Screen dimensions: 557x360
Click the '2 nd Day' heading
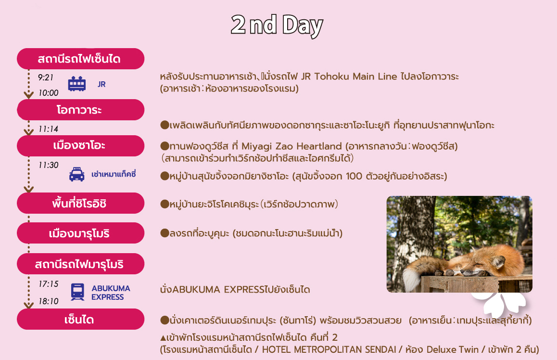pos(277,25)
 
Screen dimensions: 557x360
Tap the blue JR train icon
pos(77,84)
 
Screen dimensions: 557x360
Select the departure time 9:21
pos(46,77)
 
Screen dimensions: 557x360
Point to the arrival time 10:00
pos(48,93)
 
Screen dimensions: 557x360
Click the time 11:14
pos(48,129)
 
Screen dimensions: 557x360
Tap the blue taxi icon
pos(77,174)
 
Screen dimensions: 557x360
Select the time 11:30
pos(48,165)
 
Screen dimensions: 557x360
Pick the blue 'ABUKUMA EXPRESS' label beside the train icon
pos(111,293)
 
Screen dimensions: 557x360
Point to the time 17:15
pos(48,284)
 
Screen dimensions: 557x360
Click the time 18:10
pos(48,301)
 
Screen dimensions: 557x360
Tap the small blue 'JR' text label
pos(101,84)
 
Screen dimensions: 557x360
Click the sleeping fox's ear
pos(498,261)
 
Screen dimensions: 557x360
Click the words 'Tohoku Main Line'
pos(355,77)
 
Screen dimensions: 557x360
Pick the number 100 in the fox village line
pos(354,176)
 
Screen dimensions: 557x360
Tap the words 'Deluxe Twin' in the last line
pos(452,349)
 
